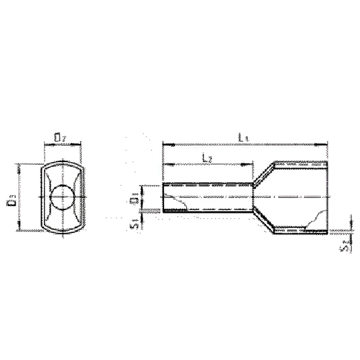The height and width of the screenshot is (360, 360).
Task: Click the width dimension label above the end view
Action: tap(61, 137)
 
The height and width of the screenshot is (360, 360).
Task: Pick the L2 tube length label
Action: tap(208, 157)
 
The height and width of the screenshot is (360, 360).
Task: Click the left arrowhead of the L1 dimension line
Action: tap(165, 144)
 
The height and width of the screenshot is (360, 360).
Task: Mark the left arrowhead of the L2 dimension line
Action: tap(165, 164)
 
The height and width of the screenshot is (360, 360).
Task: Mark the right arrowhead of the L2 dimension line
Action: tap(250, 164)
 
